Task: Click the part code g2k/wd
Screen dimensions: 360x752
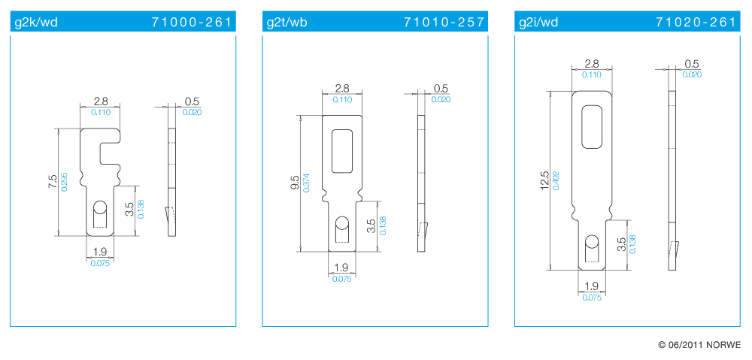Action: pyautogui.click(x=36, y=23)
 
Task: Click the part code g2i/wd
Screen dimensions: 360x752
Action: pyautogui.click(x=538, y=23)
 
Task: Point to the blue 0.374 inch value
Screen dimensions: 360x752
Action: pyautogui.click(x=307, y=183)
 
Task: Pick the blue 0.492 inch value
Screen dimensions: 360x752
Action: pyautogui.click(x=556, y=181)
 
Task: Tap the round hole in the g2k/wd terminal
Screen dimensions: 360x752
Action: pyautogui.click(x=99, y=207)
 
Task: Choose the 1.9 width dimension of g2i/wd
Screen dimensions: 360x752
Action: pyautogui.click(x=591, y=286)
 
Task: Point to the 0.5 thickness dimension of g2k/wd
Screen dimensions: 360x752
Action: pyautogui.click(x=192, y=101)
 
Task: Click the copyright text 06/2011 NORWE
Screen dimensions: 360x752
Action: pyautogui.click(x=699, y=345)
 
